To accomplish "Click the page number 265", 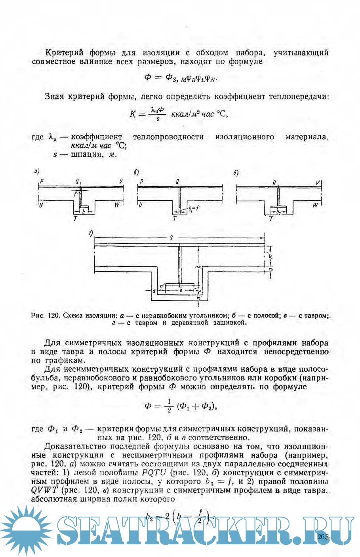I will coord(324,536).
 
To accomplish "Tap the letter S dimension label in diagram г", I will coord(171,238).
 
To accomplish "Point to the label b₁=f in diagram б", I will coord(193,207).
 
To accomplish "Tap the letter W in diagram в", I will coord(316,205).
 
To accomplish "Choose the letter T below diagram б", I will coord(175,218).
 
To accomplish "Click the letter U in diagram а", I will coord(41,205).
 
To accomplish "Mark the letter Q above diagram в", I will coord(274,182).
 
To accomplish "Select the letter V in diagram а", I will coord(120,181).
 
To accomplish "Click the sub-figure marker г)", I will coord(90,234).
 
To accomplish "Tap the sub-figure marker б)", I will coord(136,172).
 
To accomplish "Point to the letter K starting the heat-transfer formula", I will coord(132,115).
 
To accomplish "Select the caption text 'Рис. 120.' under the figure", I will coord(45,316).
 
